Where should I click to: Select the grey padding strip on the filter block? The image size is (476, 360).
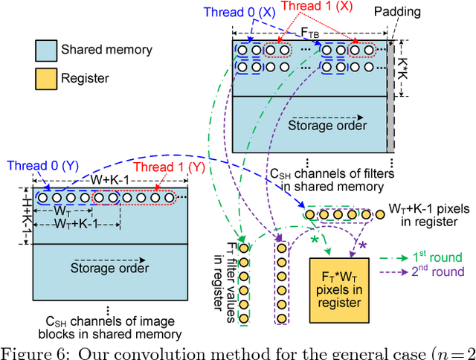tap(390, 97)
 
